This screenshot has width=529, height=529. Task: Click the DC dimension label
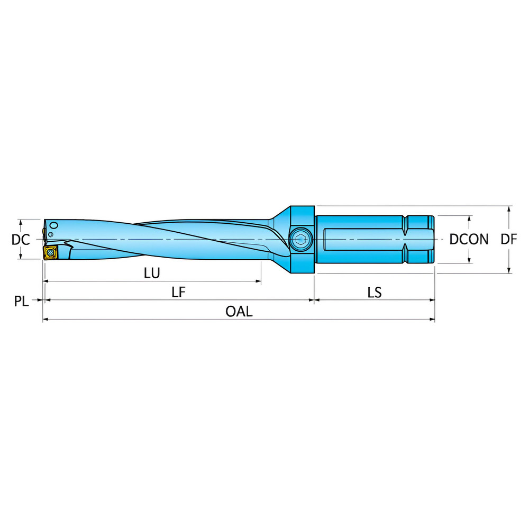coord(21,240)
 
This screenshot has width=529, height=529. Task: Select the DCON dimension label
coord(469,240)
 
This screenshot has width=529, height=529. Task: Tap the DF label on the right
coord(509,240)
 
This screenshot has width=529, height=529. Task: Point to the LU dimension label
coord(152,273)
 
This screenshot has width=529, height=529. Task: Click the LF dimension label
coord(178,292)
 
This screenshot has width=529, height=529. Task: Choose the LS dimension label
coord(375,293)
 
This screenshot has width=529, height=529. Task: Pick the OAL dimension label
coord(239,312)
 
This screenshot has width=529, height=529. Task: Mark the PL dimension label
coord(21,302)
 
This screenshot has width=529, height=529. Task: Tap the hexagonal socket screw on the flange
coord(301,239)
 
